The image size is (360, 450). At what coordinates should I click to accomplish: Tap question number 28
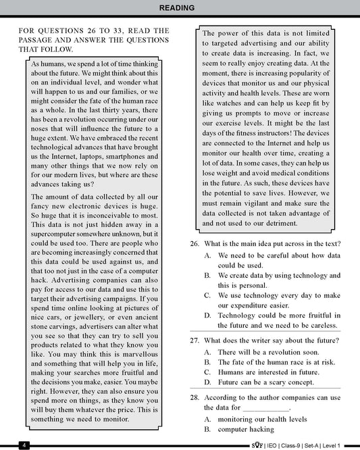coord(194,398)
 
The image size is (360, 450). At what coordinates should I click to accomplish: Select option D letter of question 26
coord(208,315)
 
